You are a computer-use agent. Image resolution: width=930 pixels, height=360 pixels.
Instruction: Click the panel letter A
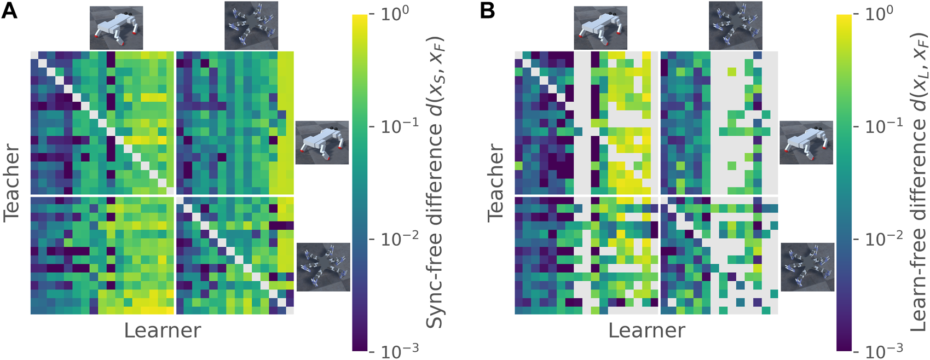(x=9, y=10)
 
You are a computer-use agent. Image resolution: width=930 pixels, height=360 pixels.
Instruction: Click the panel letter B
(x=487, y=10)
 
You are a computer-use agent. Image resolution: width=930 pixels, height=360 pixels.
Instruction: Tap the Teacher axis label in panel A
(x=12, y=182)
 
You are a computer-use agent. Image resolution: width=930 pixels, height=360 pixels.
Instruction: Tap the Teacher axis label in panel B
(x=496, y=182)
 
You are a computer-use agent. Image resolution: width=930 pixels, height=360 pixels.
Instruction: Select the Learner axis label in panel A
(x=162, y=330)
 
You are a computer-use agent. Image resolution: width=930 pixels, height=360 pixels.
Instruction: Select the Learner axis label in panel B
(x=646, y=330)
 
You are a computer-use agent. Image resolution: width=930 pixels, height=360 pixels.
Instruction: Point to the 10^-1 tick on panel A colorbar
(x=391, y=126)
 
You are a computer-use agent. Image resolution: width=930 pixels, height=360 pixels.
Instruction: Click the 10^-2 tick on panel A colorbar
(x=391, y=239)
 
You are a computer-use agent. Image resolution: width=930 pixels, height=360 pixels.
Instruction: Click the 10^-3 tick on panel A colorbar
(x=391, y=351)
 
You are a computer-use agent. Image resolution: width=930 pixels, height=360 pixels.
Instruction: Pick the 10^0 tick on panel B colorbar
(x=875, y=14)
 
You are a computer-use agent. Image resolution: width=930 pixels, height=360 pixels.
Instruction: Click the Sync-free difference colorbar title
(x=435, y=182)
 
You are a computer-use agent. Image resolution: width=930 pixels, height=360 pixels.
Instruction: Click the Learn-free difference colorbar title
(x=919, y=182)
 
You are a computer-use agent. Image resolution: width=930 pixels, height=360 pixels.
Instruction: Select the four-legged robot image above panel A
(x=116, y=27)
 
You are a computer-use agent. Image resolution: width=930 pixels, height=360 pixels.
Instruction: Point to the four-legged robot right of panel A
(x=322, y=143)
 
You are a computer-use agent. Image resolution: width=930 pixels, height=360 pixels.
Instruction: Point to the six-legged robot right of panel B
(x=807, y=267)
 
